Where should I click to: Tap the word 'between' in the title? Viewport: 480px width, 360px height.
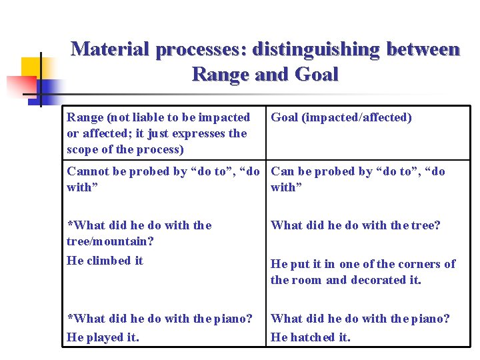[x=425, y=49]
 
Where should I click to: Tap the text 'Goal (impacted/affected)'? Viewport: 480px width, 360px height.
[x=341, y=117]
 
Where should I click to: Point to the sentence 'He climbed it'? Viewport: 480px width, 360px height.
[x=105, y=260]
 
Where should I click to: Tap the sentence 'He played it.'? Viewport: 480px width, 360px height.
[x=103, y=337]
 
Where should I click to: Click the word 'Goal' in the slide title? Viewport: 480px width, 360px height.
[x=315, y=73]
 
